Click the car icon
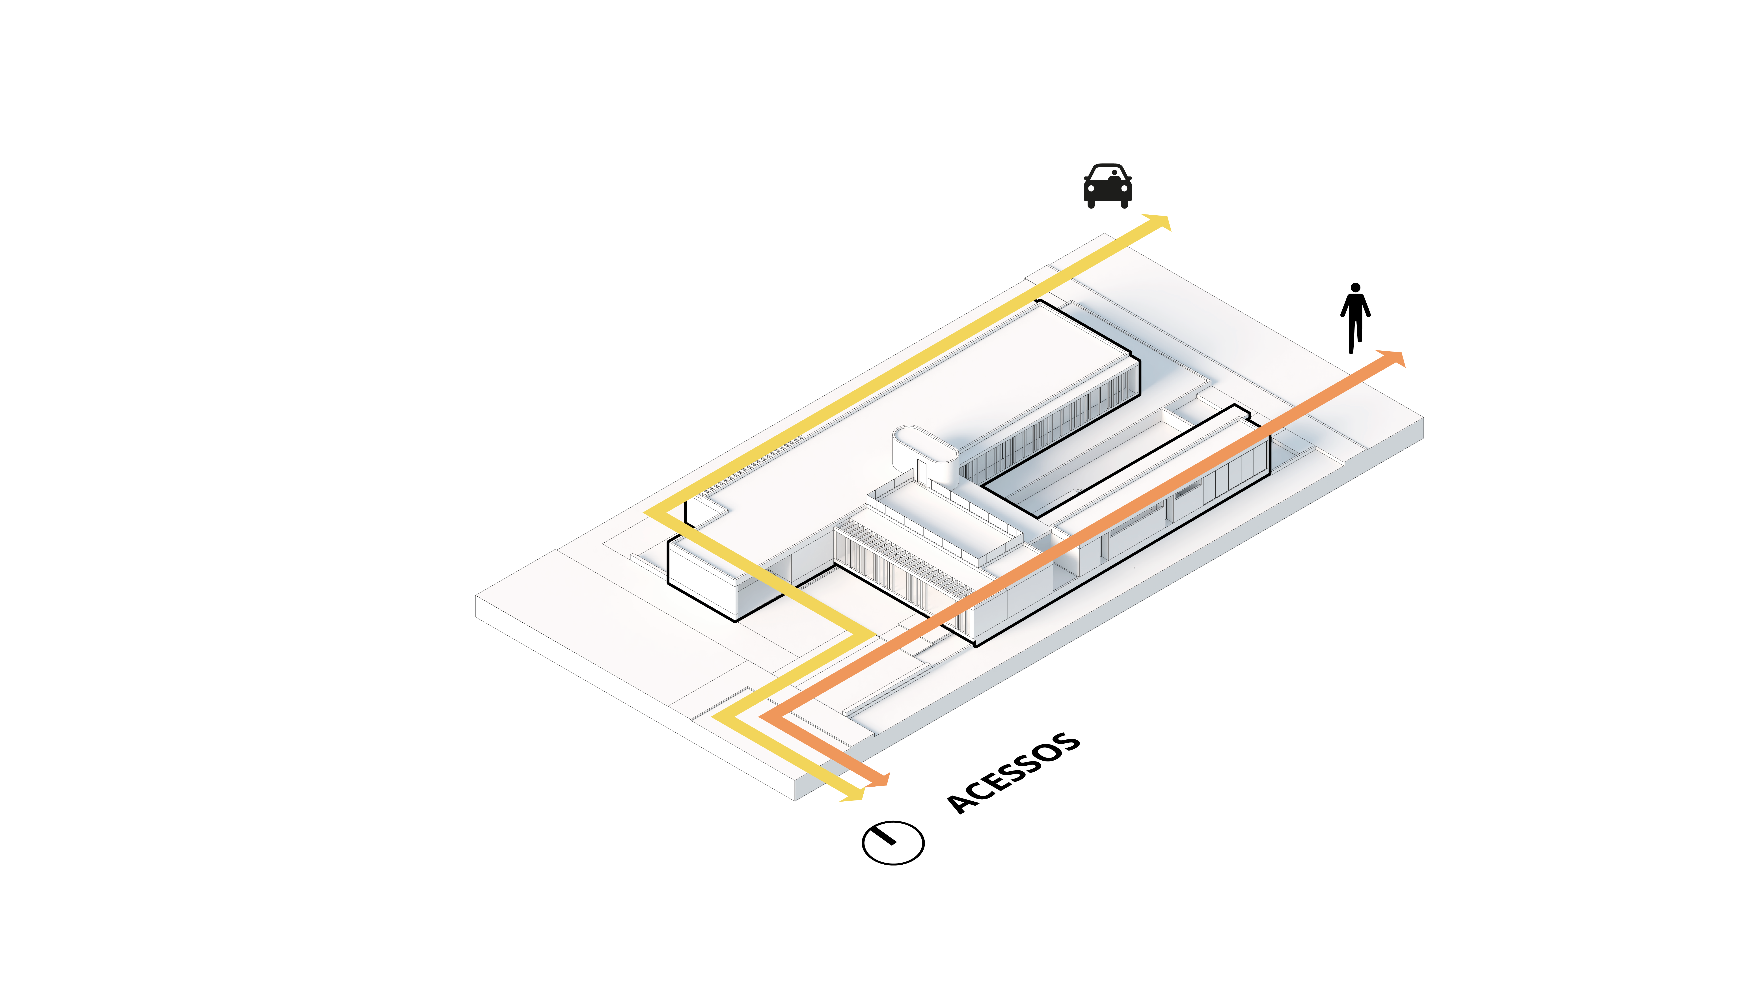tap(1107, 185)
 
